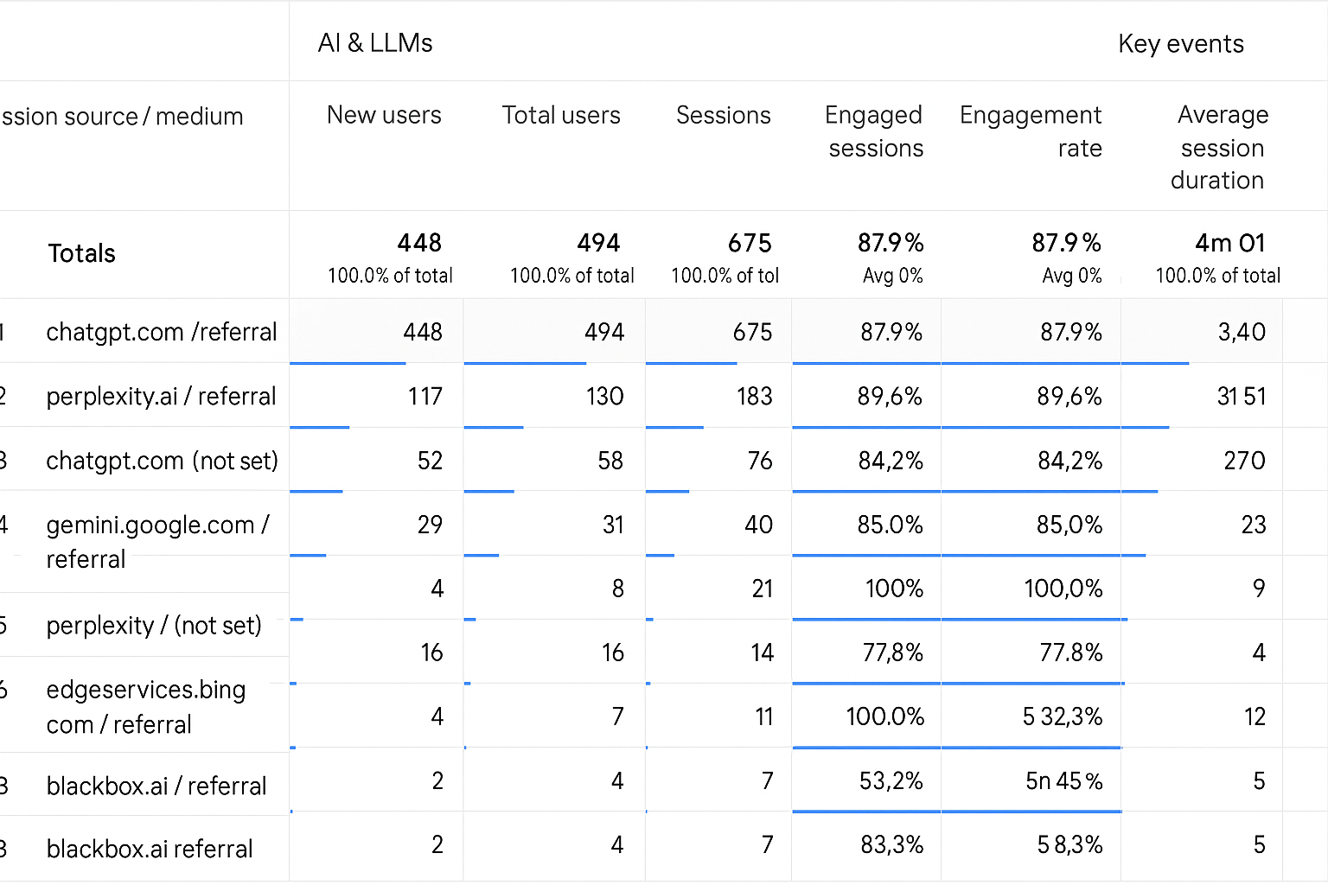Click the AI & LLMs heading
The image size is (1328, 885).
point(375,43)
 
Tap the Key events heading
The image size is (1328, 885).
point(1180,44)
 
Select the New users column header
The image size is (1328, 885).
point(384,115)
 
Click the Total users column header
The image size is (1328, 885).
point(561,115)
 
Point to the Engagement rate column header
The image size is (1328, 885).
point(1031,131)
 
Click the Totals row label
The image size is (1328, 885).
point(81,253)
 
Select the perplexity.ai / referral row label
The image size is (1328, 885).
point(161,396)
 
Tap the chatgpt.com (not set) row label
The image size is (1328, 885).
point(162,461)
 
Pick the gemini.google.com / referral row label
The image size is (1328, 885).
point(157,541)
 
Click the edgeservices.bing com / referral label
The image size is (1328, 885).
point(145,706)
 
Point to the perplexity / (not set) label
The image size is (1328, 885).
point(153,625)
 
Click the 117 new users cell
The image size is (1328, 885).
point(425,396)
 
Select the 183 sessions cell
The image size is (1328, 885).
point(754,396)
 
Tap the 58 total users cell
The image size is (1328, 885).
point(610,461)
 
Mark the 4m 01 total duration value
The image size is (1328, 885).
point(1229,243)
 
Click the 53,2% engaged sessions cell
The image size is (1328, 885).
point(891,780)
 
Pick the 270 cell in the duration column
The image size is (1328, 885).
point(1244,461)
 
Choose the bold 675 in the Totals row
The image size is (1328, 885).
point(749,243)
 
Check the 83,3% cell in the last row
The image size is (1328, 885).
point(891,844)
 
